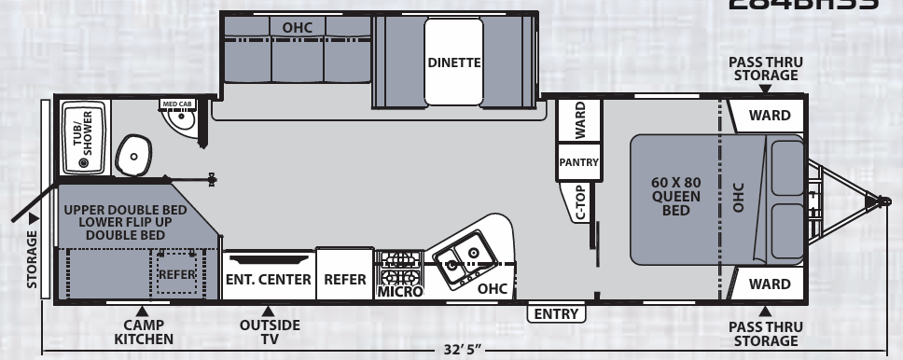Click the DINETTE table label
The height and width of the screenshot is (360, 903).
pos(453,63)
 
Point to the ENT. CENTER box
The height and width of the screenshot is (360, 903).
pos(269,278)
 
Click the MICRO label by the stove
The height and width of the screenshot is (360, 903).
pos(400,292)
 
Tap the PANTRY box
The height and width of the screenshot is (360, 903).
pos(578,161)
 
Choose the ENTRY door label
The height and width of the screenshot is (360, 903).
pos(556,314)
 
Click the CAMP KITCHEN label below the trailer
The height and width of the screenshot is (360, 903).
pos(143,332)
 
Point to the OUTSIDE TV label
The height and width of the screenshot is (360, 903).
pos(270,332)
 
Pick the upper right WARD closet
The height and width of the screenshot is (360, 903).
pos(771,116)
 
